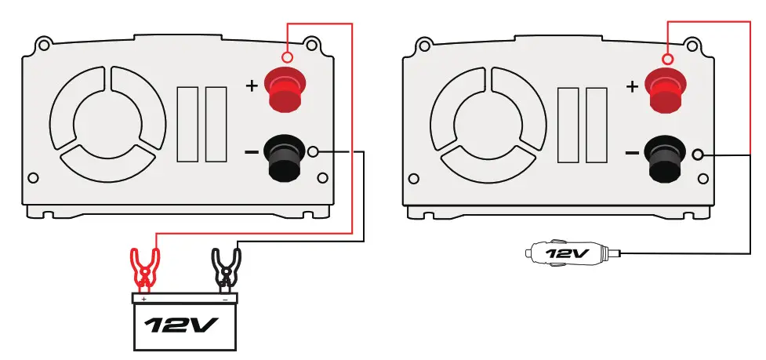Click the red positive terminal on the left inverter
[285, 89]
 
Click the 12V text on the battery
[185, 323]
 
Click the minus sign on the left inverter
[252, 151]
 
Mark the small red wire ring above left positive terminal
[288, 58]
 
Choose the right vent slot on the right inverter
[596, 124]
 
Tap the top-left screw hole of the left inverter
[45, 44]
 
